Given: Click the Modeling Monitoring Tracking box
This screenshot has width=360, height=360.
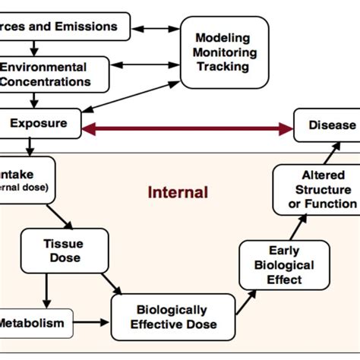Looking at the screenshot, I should pyautogui.click(x=224, y=52).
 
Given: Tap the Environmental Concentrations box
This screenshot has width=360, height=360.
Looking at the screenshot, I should pyautogui.click(x=53, y=74).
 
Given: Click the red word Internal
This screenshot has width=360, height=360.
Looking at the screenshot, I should pyautogui.click(x=178, y=192).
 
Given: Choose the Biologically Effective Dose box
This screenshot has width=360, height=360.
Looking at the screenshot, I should pyautogui.click(x=170, y=317).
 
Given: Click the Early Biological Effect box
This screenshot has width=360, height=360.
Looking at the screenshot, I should pyautogui.click(x=284, y=265).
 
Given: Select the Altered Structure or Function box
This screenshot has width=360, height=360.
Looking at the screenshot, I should pyautogui.click(x=314, y=190).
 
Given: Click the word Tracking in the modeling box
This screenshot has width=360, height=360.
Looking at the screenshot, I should pyautogui.click(x=224, y=66).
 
